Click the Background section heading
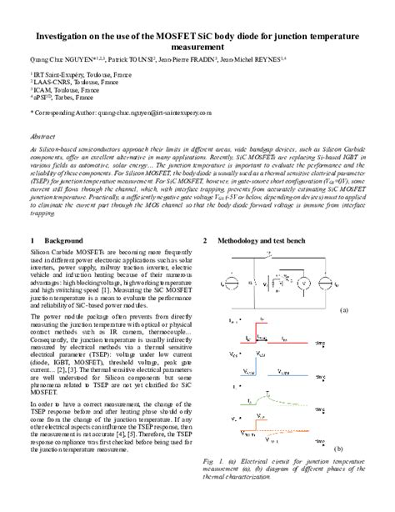tap(66, 240)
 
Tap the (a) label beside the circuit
tap(342, 309)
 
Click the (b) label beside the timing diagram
tap(339, 448)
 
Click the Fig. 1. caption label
tap(212, 460)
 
